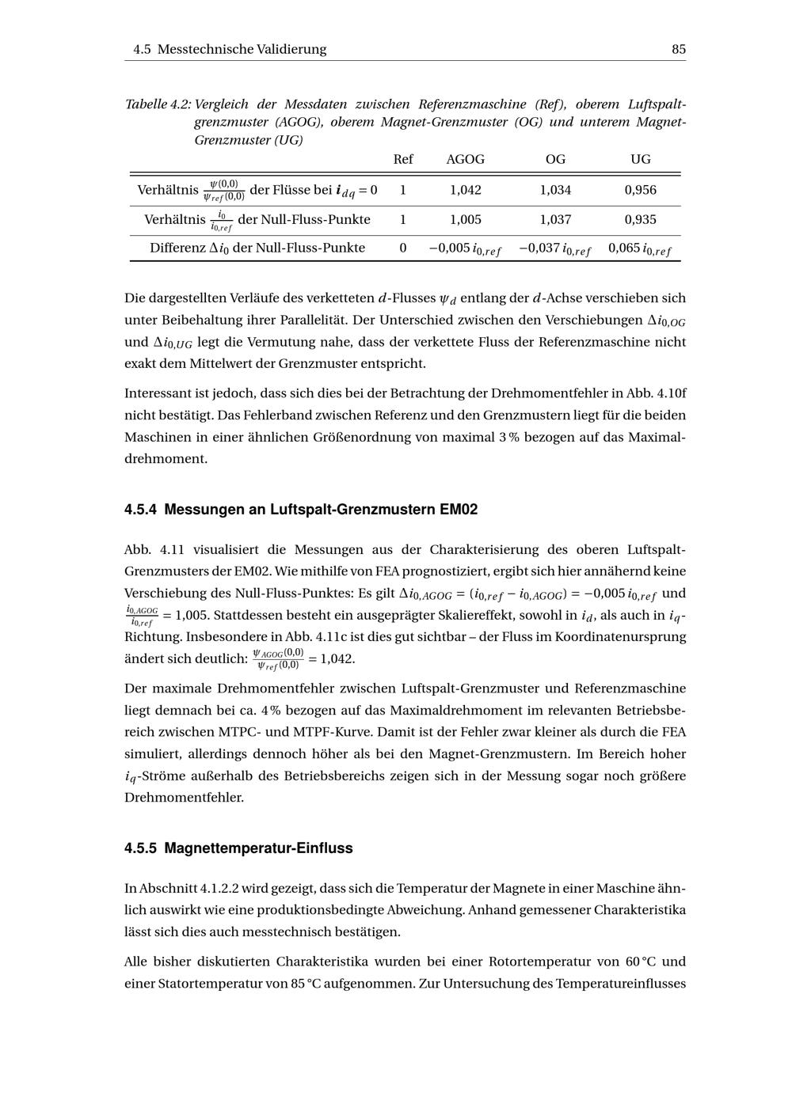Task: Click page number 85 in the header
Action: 678,49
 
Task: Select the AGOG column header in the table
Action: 465,159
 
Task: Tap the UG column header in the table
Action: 640,159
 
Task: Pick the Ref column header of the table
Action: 403,159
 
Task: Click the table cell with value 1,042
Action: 465,190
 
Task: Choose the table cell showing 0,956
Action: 640,190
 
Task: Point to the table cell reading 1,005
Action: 465,220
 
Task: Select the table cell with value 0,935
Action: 640,220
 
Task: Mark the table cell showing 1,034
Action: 555,190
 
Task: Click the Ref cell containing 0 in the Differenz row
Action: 403,248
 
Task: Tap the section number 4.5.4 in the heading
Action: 140,510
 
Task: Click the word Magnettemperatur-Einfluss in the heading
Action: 258,848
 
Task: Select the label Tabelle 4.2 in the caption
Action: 158,104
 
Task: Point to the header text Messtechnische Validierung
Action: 242,49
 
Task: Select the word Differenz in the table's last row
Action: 177,248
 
